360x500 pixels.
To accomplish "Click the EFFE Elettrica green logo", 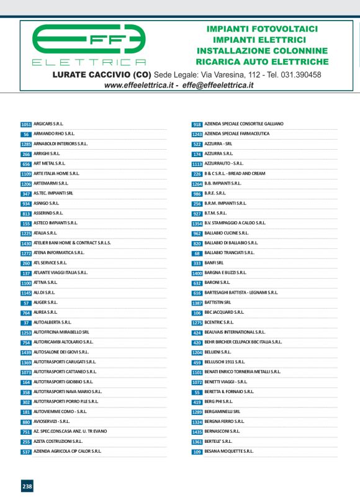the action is click(x=89, y=45).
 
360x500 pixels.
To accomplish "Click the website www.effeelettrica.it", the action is click(x=139, y=85).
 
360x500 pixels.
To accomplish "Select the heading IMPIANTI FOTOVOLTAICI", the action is click(x=261, y=29).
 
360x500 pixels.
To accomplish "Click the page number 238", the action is click(x=27, y=486).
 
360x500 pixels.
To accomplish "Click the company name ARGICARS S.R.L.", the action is click(x=48, y=124).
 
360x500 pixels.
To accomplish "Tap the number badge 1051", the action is click(x=26, y=124).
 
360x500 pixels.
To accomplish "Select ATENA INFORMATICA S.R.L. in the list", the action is click(x=58, y=253).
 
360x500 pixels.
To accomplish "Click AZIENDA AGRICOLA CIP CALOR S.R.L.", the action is click(x=67, y=452).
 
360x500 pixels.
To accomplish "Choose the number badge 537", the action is click(x=26, y=452).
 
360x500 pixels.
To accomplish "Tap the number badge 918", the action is click(x=197, y=124).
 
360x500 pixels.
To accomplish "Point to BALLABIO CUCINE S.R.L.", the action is click(x=227, y=233).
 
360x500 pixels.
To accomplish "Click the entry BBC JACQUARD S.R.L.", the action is click(x=225, y=312).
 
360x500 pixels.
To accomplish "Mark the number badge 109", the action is click(x=197, y=452).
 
